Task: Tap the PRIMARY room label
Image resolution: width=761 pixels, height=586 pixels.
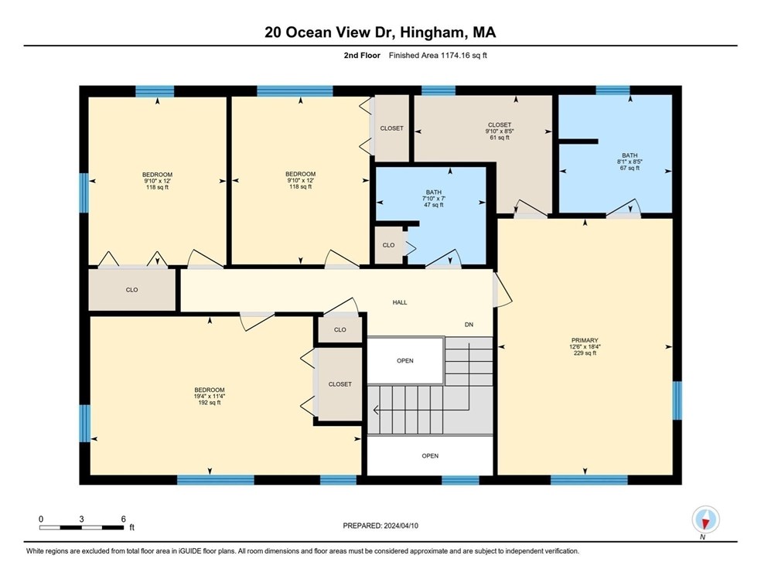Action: pos(585,340)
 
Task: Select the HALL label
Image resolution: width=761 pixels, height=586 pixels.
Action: pos(399,302)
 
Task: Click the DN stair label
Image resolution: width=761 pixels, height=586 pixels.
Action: pos(469,325)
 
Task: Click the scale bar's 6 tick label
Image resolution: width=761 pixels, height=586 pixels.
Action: pos(123,519)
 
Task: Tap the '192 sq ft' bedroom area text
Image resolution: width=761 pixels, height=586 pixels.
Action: pos(210,403)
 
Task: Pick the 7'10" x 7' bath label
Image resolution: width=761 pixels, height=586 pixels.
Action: pos(433,199)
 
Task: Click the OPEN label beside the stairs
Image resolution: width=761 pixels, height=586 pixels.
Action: pos(405,361)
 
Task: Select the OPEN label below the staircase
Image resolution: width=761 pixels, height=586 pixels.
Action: pos(430,456)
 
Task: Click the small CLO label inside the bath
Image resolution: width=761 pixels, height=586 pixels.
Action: pos(388,245)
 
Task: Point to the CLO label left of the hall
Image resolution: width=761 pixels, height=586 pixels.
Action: pos(132,290)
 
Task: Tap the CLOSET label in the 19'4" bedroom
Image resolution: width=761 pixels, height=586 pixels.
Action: pos(340,384)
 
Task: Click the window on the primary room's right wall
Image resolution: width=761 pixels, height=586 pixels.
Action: pos(677,400)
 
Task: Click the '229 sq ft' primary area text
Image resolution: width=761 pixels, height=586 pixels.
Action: pos(585,353)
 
